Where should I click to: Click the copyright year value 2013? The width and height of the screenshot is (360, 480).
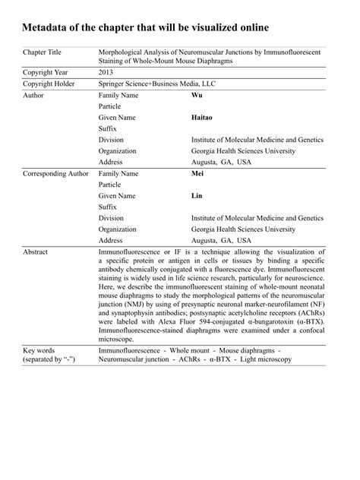coord(107,71)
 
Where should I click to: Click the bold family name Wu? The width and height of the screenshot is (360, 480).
coord(196,96)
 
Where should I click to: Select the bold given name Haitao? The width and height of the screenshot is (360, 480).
coord(203,118)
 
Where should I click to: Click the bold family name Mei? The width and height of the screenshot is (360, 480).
coord(197,173)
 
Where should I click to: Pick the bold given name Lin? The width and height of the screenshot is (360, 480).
coord(196,195)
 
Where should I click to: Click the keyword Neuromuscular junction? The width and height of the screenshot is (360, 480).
coord(136,358)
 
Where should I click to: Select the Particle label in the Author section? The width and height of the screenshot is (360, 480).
coord(109,107)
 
